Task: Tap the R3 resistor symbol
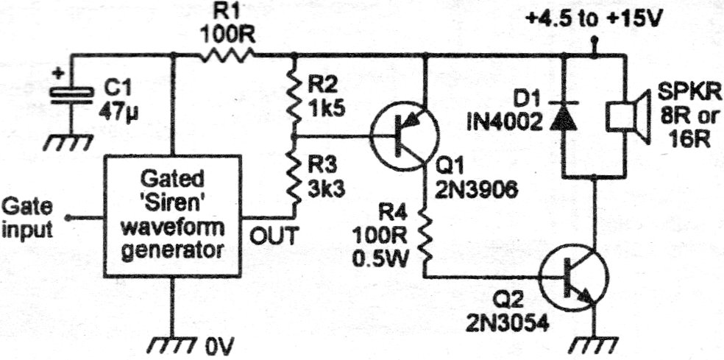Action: pyautogui.click(x=294, y=177)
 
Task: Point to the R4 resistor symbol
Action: pyautogui.click(x=425, y=236)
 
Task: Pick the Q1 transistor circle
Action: pyautogui.click(x=404, y=138)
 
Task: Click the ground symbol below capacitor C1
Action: pyautogui.click(x=71, y=141)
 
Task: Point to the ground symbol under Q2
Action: pyautogui.click(x=593, y=343)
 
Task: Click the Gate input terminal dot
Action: pyautogui.click(x=67, y=218)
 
